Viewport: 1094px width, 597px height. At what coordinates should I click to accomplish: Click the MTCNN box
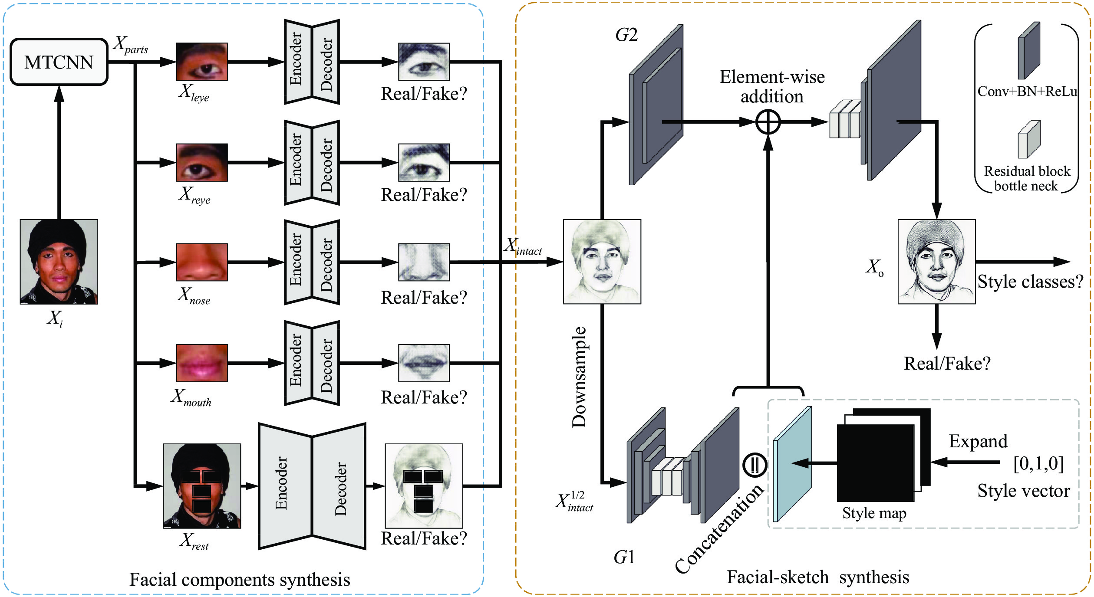click(x=59, y=62)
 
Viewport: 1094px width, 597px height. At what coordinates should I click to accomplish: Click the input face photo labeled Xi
click(x=59, y=262)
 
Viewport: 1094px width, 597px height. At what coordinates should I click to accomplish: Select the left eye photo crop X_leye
click(x=202, y=62)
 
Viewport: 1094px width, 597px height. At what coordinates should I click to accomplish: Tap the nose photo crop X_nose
click(x=202, y=262)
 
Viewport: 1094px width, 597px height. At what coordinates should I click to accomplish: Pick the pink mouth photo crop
click(x=202, y=363)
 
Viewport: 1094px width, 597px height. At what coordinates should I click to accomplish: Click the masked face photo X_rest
click(x=202, y=486)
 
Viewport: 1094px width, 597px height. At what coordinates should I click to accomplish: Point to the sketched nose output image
click(x=424, y=262)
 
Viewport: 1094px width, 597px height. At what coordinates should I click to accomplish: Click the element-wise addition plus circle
click(x=768, y=122)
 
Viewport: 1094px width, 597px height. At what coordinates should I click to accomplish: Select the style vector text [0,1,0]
click(x=1038, y=463)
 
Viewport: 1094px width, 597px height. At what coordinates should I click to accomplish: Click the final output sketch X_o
click(x=936, y=262)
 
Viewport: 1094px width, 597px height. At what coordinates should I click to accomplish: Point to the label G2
click(x=626, y=35)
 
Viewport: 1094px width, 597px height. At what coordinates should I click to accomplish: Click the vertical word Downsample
click(x=579, y=377)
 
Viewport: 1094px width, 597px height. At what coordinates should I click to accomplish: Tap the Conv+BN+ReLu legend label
click(x=1027, y=92)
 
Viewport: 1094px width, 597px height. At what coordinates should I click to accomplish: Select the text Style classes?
click(x=1030, y=282)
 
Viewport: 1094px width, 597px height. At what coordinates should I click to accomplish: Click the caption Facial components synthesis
click(x=240, y=580)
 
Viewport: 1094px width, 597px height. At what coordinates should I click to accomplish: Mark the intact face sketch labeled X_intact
click(x=602, y=262)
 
